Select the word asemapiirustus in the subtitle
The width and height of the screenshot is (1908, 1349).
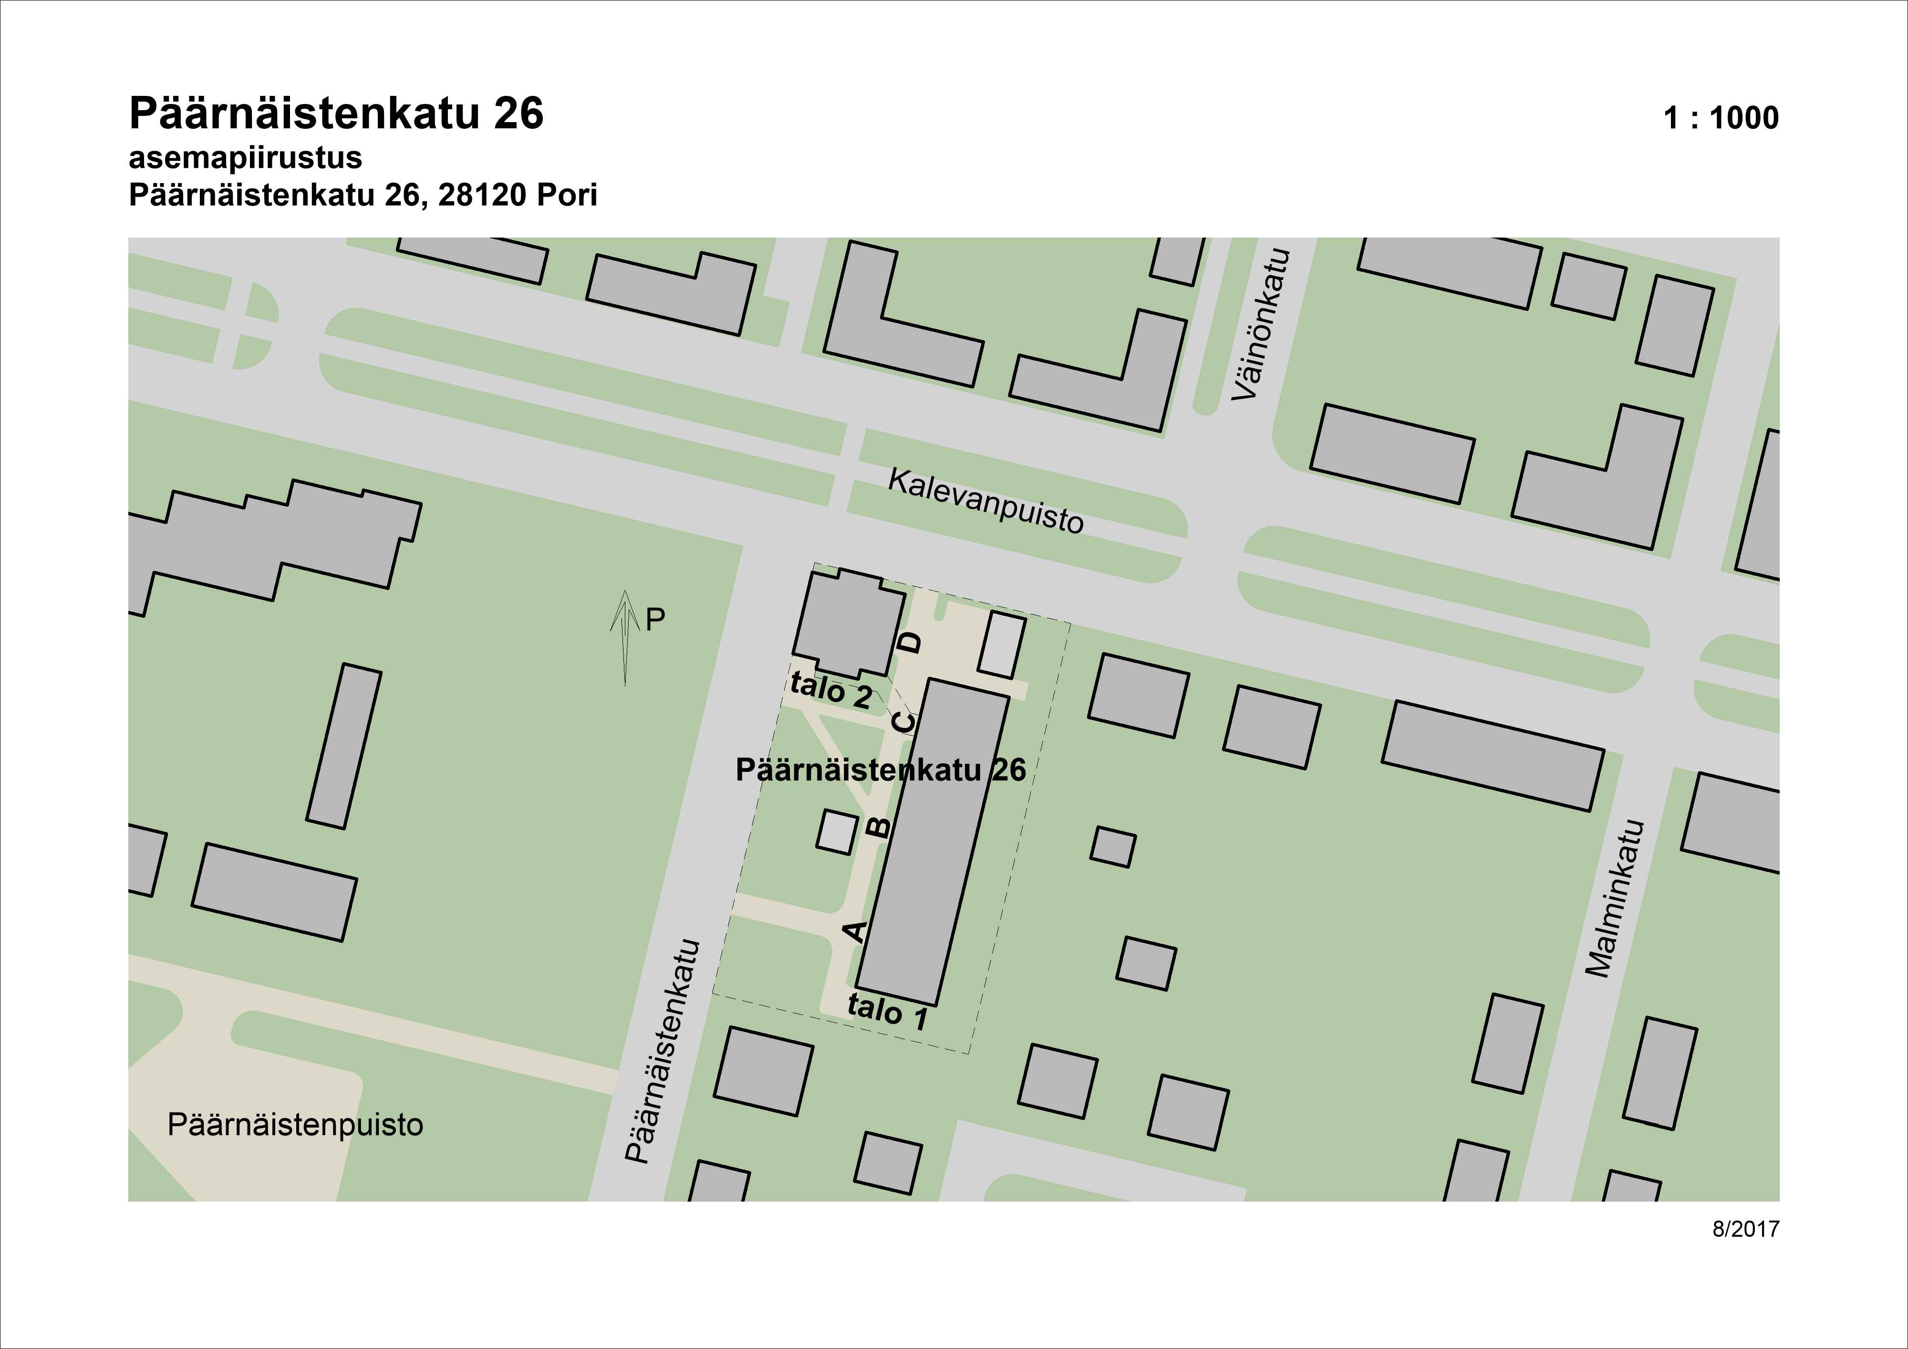[245, 158]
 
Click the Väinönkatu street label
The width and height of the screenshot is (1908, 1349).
[1262, 324]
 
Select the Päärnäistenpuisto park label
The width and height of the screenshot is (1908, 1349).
[295, 1125]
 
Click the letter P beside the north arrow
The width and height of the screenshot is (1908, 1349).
[656, 619]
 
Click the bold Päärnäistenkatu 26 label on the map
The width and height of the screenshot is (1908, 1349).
[881, 770]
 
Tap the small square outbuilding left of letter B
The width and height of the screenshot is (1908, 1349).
[837, 832]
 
